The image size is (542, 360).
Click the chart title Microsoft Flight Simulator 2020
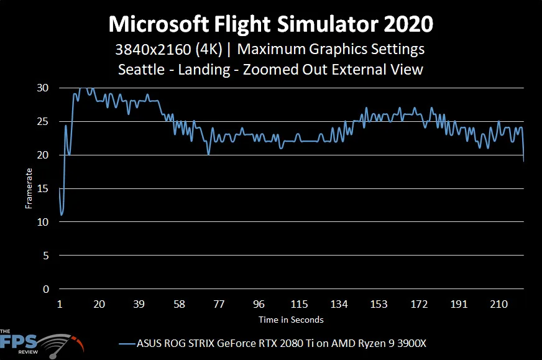click(271, 25)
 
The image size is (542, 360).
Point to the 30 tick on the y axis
click(43, 88)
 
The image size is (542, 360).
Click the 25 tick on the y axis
click(43, 121)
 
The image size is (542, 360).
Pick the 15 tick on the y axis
click(43, 188)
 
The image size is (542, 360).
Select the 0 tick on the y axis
click(45, 289)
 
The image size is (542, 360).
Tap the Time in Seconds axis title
click(292, 320)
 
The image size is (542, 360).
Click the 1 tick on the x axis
click(60, 304)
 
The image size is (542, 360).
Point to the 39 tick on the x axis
click(139, 304)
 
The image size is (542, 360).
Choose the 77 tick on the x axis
click(219, 304)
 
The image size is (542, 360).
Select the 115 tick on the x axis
click(299, 304)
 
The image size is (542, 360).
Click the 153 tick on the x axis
click(379, 304)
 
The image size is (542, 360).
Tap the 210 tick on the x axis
click(498, 304)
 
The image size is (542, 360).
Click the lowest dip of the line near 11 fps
click(62, 215)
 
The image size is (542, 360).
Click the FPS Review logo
click(40, 343)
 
